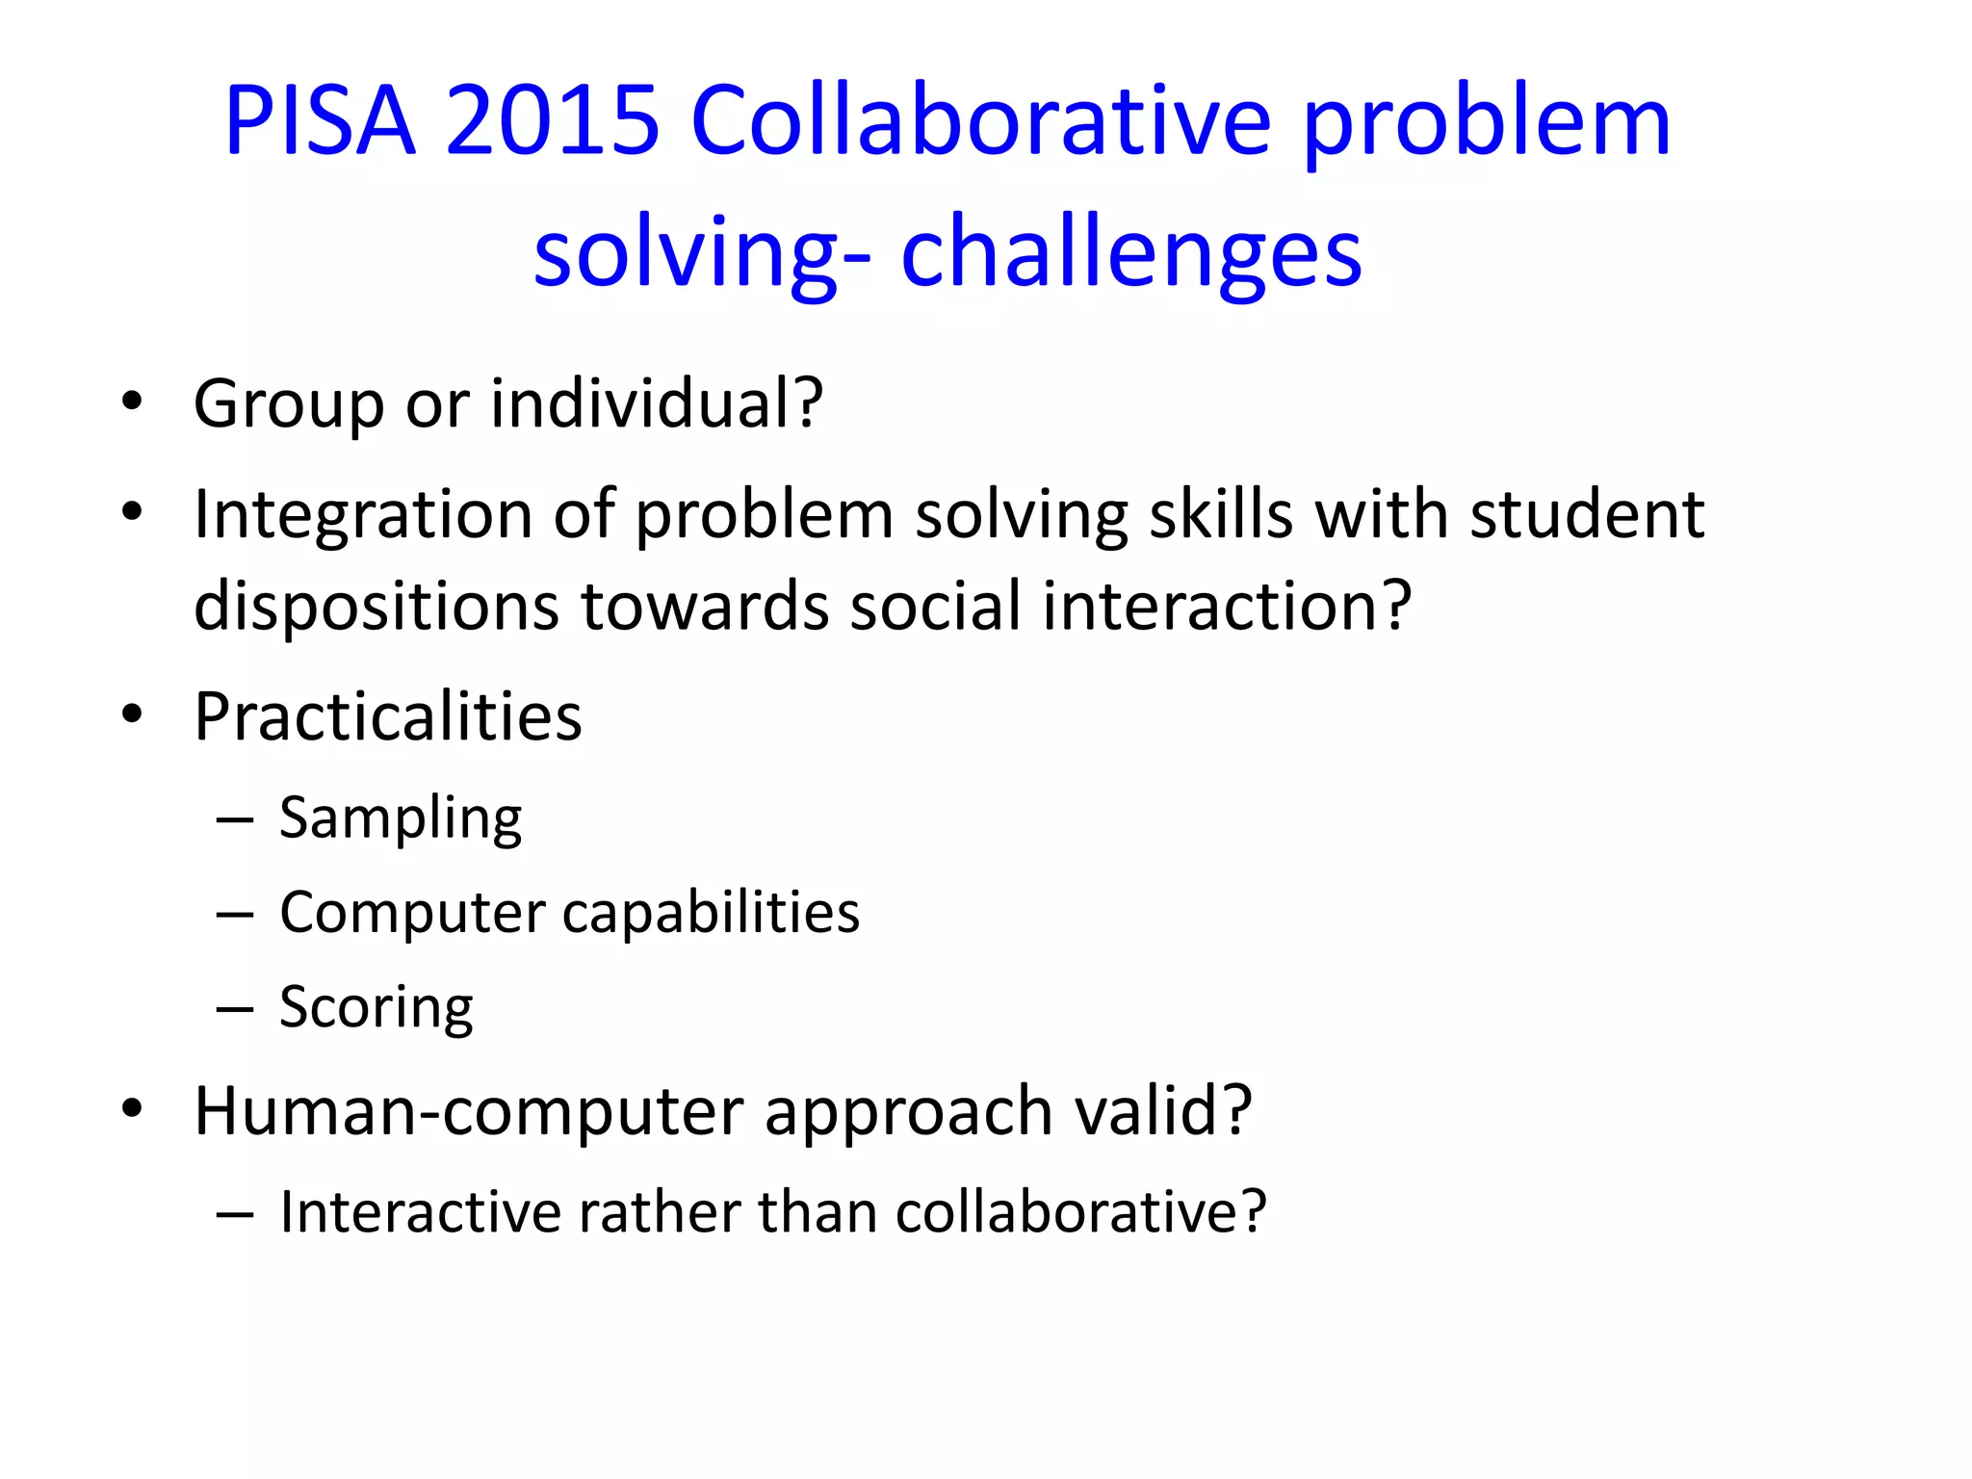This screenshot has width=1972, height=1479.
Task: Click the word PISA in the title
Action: (320, 121)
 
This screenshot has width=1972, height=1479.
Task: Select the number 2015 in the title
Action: (553, 121)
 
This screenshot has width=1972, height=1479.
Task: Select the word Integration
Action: (362, 516)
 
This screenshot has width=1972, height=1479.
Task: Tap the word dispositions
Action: (376, 607)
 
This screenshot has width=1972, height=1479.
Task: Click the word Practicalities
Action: (388, 717)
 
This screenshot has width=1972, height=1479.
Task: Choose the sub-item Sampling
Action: (401, 819)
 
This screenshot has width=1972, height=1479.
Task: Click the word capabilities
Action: (711, 913)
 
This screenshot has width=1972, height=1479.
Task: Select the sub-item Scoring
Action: (376, 1008)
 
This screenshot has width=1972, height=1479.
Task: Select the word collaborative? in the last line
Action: (1080, 1211)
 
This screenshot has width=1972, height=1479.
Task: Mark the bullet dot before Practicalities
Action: (132, 714)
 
